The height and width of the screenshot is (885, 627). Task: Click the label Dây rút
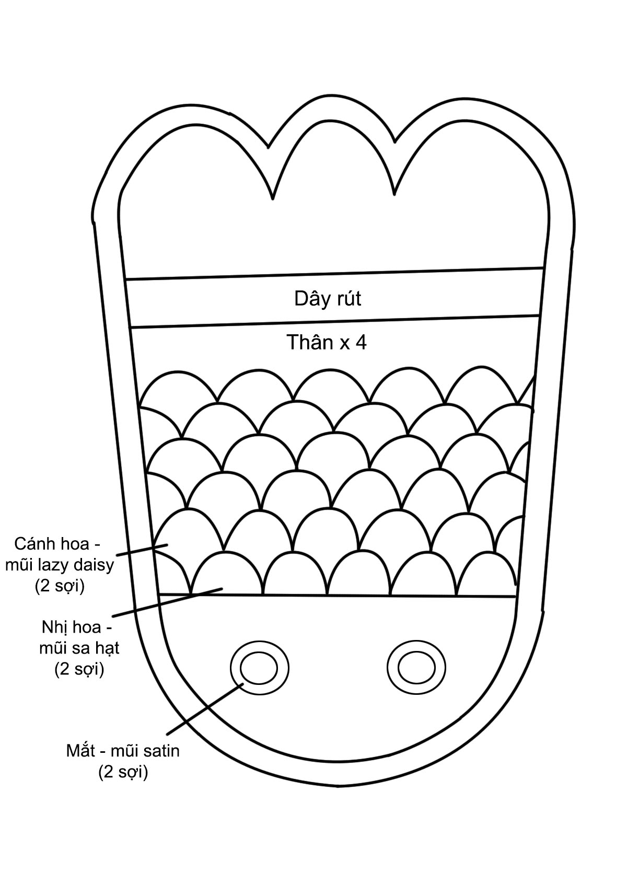click(328, 299)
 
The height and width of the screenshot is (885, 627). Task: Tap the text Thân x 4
click(327, 342)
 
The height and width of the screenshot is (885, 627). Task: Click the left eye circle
click(259, 668)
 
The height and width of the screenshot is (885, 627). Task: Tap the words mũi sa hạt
click(79, 648)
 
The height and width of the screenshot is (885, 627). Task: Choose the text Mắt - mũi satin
click(123, 751)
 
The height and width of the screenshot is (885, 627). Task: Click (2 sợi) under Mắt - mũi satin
click(123, 772)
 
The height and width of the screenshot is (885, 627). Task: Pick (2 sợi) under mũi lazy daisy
click(60, 586)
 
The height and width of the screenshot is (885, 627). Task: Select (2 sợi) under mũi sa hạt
click(79, 669)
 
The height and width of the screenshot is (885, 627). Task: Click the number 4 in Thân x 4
click(361, 342)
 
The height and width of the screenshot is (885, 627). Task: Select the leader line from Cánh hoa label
click(141, 550)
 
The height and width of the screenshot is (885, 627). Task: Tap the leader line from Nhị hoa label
click(167, 602)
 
